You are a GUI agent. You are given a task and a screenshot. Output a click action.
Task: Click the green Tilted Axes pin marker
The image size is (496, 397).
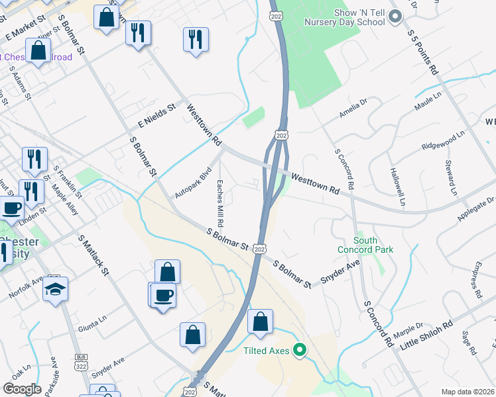pyautogui.click(x=300, y=350)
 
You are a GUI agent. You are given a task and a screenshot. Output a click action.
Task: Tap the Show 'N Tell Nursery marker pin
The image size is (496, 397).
pyautogui.click(x=397, y=17)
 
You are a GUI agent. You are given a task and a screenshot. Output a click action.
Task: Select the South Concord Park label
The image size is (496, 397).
pyautogui.click(x=374, y=245)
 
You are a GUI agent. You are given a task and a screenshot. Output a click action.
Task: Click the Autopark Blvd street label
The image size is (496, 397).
pyautogui.click(x=192, y=182)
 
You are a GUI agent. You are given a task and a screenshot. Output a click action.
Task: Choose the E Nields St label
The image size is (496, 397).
pyautogui.click(x=156, y=114)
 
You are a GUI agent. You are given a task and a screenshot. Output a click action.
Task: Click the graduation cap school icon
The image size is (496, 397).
pyautogui.click(x=56, y=288)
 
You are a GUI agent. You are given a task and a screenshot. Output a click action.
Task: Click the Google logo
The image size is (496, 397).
pyautogui.click(x=22, y=389)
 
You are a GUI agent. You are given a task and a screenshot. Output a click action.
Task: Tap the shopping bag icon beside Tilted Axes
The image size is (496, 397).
pyautogui.click(x=261, y=322)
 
